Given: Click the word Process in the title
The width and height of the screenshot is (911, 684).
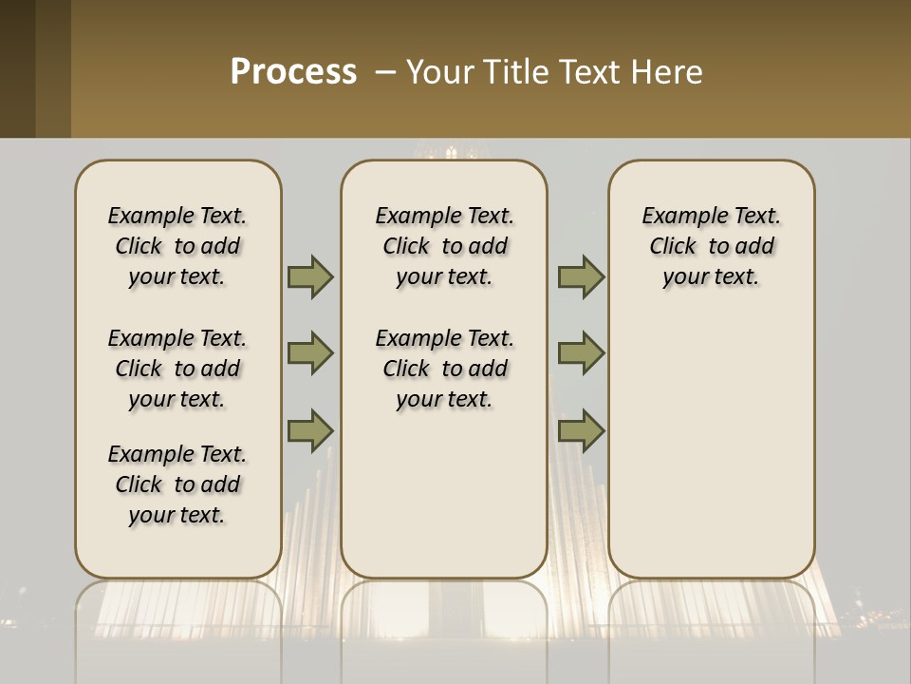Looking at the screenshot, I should [x=293, y=72].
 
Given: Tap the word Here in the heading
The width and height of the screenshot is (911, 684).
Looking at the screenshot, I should [x=668, y=72].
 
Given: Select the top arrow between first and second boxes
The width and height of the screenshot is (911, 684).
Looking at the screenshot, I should [x=309, y=276].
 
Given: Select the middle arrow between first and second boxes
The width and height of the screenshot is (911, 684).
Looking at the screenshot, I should [x=309, y=353].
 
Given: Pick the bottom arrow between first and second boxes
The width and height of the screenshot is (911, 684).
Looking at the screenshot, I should [x=309, y=430].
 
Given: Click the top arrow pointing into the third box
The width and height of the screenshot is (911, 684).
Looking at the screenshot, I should [x=581, y=276].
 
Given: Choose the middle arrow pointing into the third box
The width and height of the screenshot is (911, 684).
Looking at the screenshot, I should [x=581, y=353].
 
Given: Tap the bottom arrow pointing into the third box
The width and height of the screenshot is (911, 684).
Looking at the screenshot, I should [x=581, y=430].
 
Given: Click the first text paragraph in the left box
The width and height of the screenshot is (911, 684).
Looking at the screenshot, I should [x=177, y=246].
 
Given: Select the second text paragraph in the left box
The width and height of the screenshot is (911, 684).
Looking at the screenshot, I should [x=177, y=369].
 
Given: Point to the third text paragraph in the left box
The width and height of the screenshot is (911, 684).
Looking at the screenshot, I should [x=177, y=484].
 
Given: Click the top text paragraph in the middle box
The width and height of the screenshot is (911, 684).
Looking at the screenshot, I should [x=444, y=246].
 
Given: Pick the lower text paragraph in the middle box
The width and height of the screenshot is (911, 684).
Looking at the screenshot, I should [x=444, y=369].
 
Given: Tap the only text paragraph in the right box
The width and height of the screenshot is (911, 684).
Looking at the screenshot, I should [x=711, y=246].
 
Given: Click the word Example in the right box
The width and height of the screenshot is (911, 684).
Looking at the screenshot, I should [x=677, y=217].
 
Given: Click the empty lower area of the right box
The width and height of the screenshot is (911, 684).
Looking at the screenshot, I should [x=711, y=446].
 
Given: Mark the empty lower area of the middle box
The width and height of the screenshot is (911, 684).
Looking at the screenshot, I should [x=444, y=494].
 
